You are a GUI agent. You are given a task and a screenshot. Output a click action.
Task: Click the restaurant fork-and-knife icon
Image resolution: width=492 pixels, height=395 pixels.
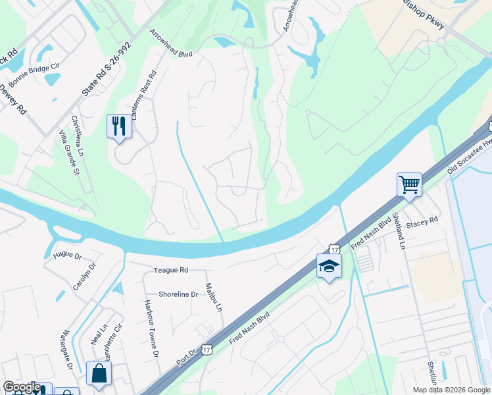pyautogui.click(x=119, y=126)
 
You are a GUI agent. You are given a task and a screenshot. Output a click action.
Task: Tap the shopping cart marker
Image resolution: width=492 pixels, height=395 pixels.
pyautogui.click(x=409, y=184)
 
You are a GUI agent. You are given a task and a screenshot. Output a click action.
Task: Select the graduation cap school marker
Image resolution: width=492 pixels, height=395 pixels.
pyautogui.click(x=329, y=266)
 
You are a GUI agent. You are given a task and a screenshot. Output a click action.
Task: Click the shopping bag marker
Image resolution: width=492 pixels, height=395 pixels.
pyautogui.click(x=99, y=373)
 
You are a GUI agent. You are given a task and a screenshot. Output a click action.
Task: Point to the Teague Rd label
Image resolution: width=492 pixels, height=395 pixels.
pyautogui.click(x=171, y=270)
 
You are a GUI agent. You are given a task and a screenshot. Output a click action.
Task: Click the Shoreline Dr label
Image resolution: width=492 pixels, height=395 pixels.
pyautogui.click(x=178, y=294)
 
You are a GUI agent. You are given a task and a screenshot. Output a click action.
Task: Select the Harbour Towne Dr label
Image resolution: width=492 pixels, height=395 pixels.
pyautogui.click(x=151, y=329)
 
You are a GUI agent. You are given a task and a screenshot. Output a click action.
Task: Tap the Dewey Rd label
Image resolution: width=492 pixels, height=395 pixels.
pyautogui.click(x=12, y=99)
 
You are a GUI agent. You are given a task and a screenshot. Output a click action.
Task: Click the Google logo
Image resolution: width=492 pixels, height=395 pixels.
pyautogui.click(x=22, y=387)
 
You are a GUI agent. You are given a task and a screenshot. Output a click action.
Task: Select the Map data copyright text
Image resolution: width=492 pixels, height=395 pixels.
pyautogui.click(x=451, y=390)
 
